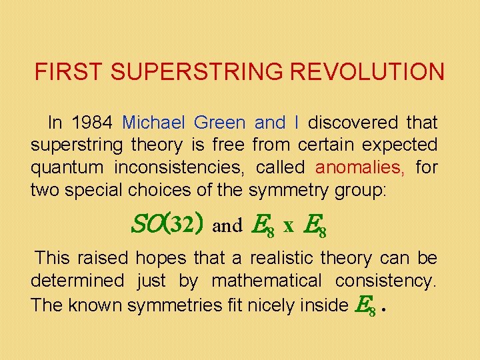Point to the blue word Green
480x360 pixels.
click(221, 123)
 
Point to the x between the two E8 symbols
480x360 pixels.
click(289, 226)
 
